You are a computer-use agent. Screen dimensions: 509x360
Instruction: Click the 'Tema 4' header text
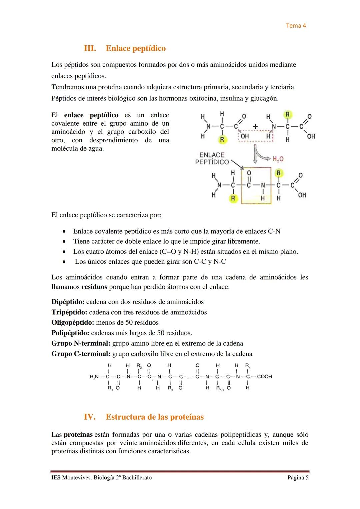tap(296, 26)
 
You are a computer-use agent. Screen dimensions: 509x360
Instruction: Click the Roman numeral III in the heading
tap(90, 48)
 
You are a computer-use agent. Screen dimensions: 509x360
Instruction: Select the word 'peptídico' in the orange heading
tap(149, 48)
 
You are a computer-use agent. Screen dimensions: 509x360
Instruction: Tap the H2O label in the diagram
tap(278, 159)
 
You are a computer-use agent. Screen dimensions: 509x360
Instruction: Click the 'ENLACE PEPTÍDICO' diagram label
tap(212, 159)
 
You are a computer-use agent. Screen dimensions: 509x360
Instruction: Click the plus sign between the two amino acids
tap(255, 126)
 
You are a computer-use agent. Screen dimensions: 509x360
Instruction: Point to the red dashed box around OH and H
tap(256, 136)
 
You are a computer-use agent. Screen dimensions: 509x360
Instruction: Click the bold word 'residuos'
tap(94, 287)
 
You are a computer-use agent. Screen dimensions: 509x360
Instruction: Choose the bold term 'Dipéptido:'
tap(68, 302)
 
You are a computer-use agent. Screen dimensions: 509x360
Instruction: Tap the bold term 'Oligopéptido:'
tap(73, 323)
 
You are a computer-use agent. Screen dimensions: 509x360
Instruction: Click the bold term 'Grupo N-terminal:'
tap(81, 343)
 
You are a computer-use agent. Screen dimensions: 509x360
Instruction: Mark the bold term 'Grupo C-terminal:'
tap(81, 354)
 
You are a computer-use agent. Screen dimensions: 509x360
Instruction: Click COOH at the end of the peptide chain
tap(264, 377)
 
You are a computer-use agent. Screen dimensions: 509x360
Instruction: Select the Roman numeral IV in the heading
tap(90, 417)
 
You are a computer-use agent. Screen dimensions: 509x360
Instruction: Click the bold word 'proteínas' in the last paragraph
tap(78, 435)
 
